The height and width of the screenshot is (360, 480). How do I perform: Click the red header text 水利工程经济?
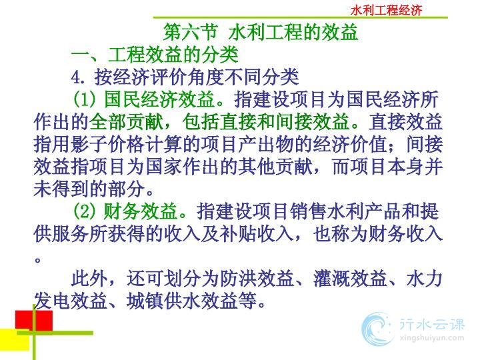pos(386,11)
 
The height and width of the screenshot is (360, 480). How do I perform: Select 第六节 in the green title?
pos(191,32)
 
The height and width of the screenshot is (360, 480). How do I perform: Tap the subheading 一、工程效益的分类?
pos(155,55)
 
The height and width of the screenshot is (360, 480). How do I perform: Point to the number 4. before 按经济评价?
pos(78,77)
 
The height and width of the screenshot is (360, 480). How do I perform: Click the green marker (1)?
pos(85,99)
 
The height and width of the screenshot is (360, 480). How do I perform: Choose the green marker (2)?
pos(85,211)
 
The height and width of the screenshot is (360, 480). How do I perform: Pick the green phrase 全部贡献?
pos(126,122)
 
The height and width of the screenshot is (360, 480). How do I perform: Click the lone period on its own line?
pos(37,260)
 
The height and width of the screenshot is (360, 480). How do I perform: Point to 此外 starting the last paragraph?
pos(89,279)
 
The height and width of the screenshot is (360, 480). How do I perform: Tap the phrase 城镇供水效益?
pos(183,301)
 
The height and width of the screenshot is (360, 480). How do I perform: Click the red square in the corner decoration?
pos(34,321)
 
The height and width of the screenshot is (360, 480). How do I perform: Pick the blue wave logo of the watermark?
pos(377,329)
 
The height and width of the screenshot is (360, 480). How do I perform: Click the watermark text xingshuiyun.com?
pos(431,338)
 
